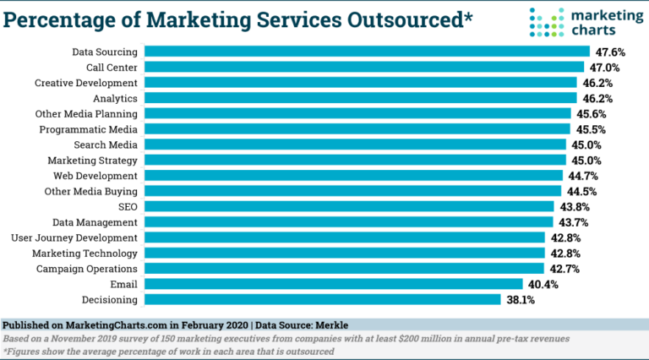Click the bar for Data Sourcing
click(366, 52)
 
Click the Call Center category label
click(112, 67)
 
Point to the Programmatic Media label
click(89, 129)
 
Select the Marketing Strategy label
click(92, 160)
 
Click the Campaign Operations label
click(87, 269)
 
